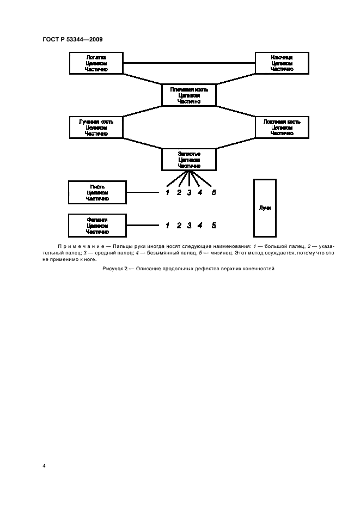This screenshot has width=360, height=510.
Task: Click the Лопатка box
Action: [x=96, y=63]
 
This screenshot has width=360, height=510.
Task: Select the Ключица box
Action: [x=282, y=63]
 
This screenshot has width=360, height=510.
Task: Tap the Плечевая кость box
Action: [x=189, y=95]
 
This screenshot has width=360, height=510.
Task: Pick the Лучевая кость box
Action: [x=96, y=127]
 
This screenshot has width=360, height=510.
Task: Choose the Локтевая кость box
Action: [x=282, y=127]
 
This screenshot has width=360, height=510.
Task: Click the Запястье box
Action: [x=189, y=159]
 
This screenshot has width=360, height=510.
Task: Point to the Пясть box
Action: [x=96, y=192]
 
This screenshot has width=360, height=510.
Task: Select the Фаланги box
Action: [x=96, y=225]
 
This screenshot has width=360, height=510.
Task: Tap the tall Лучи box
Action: [x=265, y=208]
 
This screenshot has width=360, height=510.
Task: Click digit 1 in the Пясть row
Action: [x=168, y=192]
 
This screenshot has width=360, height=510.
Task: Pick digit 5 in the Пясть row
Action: [x=213, y=192]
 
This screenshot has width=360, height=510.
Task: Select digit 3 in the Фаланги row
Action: [x=189, y=225]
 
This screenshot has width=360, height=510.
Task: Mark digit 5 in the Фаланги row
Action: [x=213, y=225]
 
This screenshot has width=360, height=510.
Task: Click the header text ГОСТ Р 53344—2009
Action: [x=72, y=39]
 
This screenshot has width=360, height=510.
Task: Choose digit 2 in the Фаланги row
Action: [x=179, y=225]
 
